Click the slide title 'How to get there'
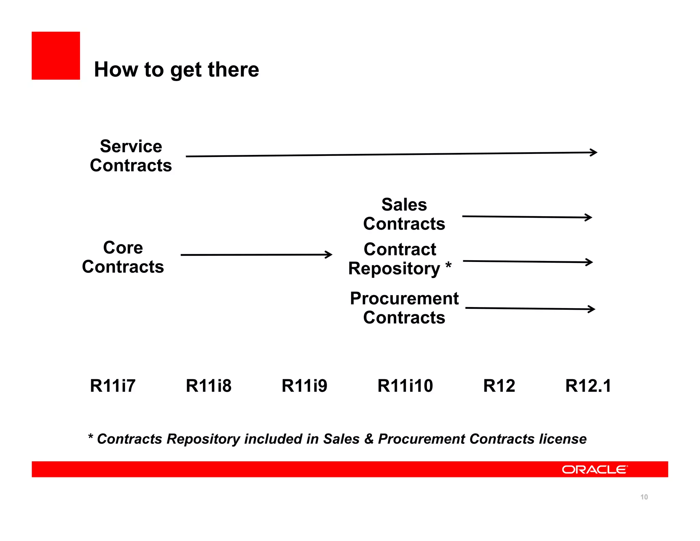(176, 70)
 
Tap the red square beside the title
(56, 56)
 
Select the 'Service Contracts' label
(131, 156)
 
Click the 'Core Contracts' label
(123, 257)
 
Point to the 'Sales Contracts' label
(404, 214)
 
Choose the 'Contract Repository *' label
(400, 259)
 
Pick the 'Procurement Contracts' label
(404, 308)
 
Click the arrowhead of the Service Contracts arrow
(594, 153)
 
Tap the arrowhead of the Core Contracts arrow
(329, 254)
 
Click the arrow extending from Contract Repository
(528, 262)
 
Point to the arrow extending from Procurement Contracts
(530, 309)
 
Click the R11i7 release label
(113, 386)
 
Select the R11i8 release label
(208, 386)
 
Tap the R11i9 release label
(304, 386)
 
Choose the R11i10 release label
(405, 386)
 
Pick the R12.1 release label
(588, 386)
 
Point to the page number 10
(644, 497)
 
